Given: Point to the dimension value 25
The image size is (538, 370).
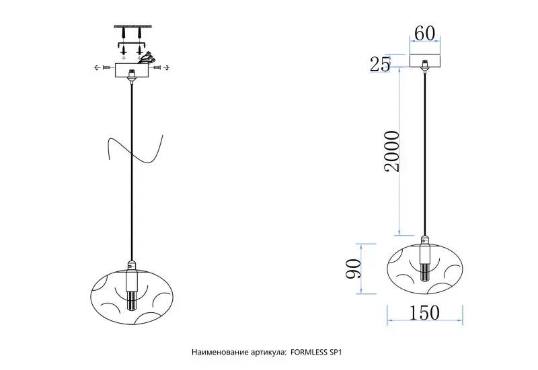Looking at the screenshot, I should pyautogui.click(x=381, y=64).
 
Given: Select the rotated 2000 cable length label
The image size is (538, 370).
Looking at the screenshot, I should pyautogui.click(x=390, y=152).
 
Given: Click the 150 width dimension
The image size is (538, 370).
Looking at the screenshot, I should pyautogui.click(x=424, y=314).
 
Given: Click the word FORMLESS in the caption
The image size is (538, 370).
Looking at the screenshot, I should pyautogui.click(x=313, y=352).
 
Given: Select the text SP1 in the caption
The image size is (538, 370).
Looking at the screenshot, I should pyautogui.click(x=341, y=352).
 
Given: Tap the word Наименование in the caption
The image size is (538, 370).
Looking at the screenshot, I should pyautogui.click(x=218, y=352).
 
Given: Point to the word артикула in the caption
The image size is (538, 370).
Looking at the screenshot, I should pyautogui.click(x=266, y=352).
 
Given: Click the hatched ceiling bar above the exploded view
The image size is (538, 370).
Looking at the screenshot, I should pyautogui.click(x=132, y=26).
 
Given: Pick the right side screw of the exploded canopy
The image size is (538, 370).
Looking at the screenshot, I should pyautogui.click(x=159, y=68).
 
